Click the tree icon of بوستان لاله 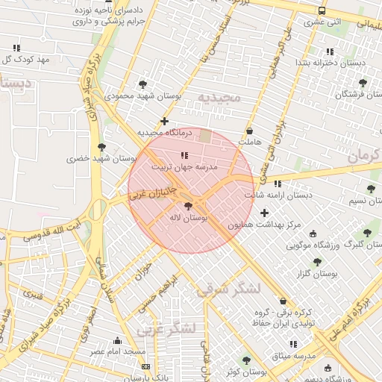coord(187,206)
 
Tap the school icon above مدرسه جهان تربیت coord(184,155)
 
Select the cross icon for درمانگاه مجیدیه coord(164,121)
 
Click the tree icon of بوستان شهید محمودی coord(143,84)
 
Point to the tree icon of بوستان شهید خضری coord(101,146)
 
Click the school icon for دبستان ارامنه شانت coord(278,184)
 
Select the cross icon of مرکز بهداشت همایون coord(264,213)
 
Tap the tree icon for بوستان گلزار coord(317,262)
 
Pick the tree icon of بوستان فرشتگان coord(363,83)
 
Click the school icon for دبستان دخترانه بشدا coord(329,51)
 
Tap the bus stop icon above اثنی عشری coord(322,11)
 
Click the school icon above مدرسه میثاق coord(292,344)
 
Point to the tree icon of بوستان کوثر coord(247,360)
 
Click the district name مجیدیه coord(219,98)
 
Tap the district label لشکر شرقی coord(230,289)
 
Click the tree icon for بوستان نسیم coord(370,190)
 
